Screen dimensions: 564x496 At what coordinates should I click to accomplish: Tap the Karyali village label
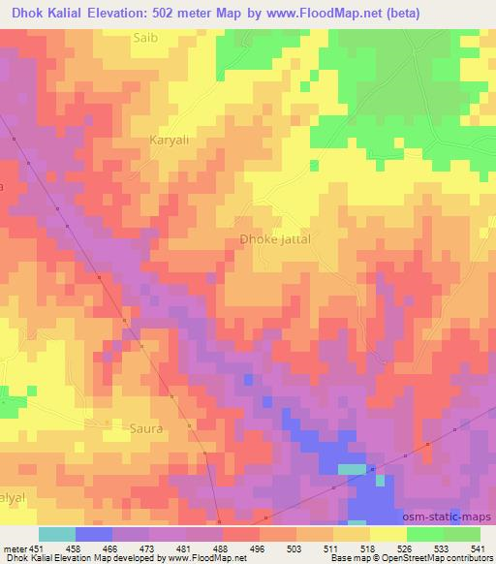pos(170,141)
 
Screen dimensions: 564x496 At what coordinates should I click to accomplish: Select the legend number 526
pos(404,548)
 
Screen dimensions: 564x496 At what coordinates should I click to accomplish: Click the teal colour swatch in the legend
pos(56,534)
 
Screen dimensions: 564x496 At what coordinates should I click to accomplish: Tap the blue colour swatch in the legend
pos(93,534)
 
